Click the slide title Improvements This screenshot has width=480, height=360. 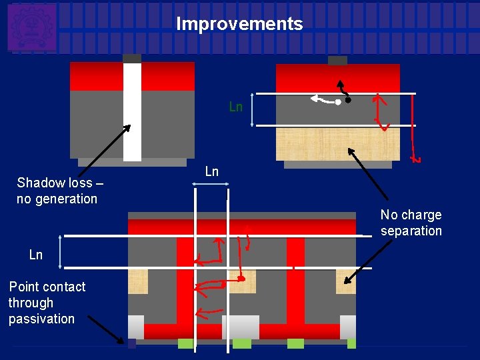(239, 25)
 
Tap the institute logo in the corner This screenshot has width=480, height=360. (31, 27)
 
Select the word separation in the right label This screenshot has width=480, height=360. (411, 231)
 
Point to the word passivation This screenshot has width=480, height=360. (41, 319)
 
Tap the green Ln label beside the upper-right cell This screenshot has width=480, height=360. (235, 107)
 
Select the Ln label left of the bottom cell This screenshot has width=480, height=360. (36, 255)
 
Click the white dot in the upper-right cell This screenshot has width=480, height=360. (338, 102)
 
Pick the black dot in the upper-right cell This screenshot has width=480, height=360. (348, 100)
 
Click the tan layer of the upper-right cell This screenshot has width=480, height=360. (338, 143)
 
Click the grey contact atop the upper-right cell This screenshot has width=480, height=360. (337, 61)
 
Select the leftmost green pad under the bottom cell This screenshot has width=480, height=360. (186, 343)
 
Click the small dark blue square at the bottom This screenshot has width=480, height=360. (131, 343)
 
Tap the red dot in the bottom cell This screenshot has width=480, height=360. (242, 278)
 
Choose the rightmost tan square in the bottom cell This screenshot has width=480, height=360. (345, 281)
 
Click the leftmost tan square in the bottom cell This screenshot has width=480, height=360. (138, 281)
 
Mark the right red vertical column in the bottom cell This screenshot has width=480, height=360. (295, 280)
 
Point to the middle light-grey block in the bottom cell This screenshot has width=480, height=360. (241, 327)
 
